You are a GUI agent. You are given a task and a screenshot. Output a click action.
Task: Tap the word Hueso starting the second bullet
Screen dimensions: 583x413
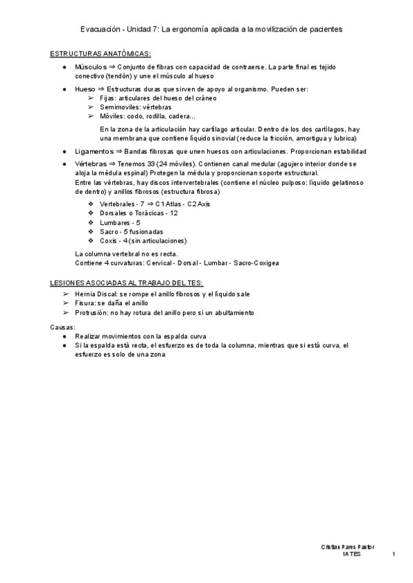point(85,89)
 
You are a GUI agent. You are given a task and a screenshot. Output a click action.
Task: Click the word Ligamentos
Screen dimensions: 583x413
point(94,151)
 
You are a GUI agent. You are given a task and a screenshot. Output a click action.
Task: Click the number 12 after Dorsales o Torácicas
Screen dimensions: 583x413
point(174,214)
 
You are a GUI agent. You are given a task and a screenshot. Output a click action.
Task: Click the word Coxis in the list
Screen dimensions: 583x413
point(109,241)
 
